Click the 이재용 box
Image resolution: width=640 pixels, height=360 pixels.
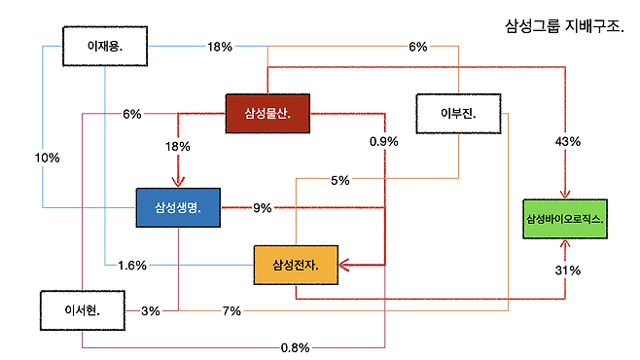click(105, 46)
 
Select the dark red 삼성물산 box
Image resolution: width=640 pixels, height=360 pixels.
click(267, 114)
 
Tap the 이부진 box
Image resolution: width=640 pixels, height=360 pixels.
click(458, 114)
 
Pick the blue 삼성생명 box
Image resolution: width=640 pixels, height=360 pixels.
click(178, 207)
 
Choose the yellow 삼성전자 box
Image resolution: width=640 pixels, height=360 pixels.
click(296, 265)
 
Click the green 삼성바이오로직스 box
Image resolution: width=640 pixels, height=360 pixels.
click(565, 219)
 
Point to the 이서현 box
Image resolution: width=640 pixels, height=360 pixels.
click(83, 310)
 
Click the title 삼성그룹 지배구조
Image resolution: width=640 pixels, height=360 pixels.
click(564, 26)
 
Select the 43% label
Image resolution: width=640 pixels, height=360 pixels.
click(567, 142)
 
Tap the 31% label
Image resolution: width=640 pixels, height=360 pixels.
click(567, 270)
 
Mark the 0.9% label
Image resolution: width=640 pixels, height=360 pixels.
click(383, 142)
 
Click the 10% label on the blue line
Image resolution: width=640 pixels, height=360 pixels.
click(47, 158)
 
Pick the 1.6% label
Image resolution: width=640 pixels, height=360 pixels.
click(132, 266)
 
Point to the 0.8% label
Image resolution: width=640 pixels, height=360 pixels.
click(295, 347)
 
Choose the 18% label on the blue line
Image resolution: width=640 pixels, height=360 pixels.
click(220, 47)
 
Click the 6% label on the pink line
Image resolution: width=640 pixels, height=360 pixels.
click(132, 114)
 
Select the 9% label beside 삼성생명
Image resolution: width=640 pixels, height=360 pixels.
click(262, 208)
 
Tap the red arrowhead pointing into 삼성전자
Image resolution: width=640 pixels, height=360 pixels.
click(344, 265)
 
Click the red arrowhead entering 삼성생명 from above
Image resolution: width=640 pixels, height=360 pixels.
click(178, 182)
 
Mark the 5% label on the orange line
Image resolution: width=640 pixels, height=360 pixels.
click(340, 180)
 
